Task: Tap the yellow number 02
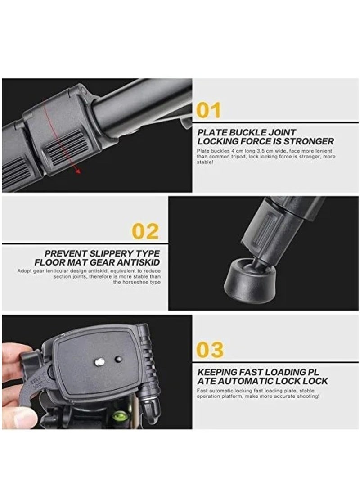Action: pos(145,231)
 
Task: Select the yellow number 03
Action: pos(210,350)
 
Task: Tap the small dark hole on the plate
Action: pos(118,359)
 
